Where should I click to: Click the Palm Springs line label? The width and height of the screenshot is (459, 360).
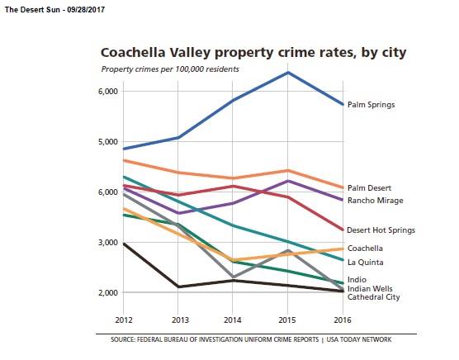tap(371, 105)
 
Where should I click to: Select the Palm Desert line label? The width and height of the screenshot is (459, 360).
tap(369, 188)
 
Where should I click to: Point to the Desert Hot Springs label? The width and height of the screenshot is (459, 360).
tap(381, 230)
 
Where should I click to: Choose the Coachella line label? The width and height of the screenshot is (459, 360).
tap(366, 249)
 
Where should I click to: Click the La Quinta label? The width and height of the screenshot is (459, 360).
tap(365, 263)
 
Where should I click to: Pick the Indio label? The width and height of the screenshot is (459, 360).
tap(357, 280)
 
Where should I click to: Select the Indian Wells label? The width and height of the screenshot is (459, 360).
tap(368, 289)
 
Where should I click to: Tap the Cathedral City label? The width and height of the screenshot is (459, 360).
tap(373, 297)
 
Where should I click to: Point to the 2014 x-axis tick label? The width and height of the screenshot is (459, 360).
tap(233, 317)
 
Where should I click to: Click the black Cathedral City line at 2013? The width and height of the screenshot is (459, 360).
tap(177, 287)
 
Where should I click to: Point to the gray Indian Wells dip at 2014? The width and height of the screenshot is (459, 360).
tap(233, 277)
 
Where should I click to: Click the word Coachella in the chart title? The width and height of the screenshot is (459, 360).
tap(137, 53)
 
